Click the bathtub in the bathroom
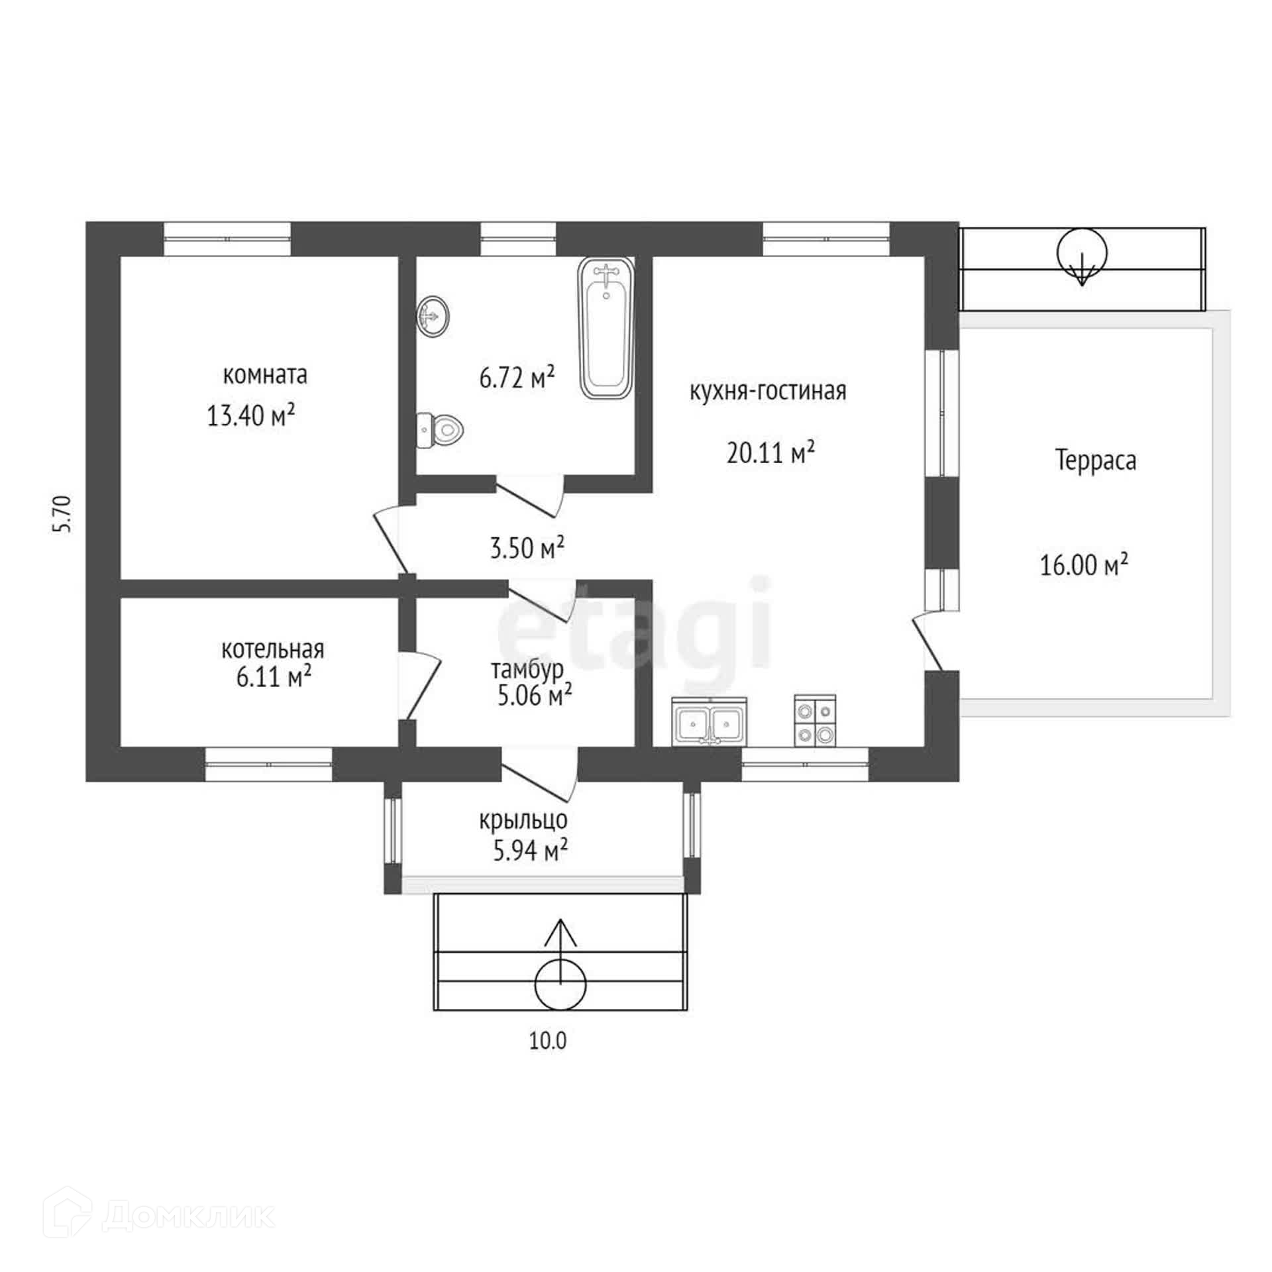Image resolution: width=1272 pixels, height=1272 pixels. coord(606,328)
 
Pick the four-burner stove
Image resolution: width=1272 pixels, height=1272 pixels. coord(815,721)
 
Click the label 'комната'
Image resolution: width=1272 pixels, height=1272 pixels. coord(265,375)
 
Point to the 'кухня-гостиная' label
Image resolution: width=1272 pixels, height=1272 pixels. coord(768,391)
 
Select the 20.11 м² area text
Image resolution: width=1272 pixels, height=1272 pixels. coord(770,453)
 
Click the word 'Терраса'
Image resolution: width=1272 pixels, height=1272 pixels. coord(1096,460)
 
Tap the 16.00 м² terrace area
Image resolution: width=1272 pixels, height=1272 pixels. coord(1084,565)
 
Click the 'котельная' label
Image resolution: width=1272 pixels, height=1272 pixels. coord(273,649)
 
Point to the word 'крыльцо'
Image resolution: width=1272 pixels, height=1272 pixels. coord(523,820)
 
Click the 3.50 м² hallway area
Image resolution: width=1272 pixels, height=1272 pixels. coord(527,548)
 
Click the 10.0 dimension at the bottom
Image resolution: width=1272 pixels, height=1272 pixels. coord(548,1041)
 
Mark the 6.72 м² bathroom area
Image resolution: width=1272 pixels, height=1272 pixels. coord(517,378)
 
